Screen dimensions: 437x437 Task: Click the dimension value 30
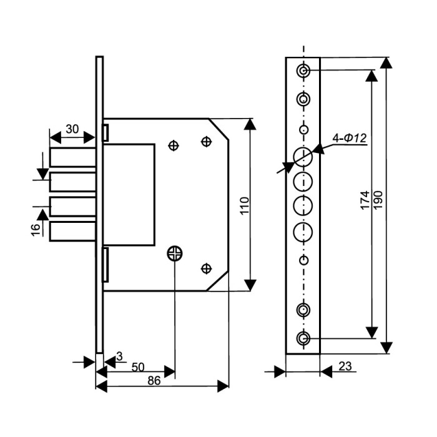pos(72,129)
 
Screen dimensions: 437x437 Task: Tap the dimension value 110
pos(245,206)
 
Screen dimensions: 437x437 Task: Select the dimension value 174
pos(365,200)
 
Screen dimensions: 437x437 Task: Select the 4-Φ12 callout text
pos(350,138)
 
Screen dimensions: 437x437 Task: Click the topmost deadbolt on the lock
pos(72,158)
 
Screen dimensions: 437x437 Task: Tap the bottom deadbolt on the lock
pos(72,231)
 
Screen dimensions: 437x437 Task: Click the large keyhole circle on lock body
pos(175,253)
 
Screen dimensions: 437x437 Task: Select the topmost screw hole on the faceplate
pos(303,71)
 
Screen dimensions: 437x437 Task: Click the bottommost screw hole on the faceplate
pos(303,339)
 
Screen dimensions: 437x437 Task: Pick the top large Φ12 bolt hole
pos(303,157)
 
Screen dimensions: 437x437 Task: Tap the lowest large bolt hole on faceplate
pos(303,232)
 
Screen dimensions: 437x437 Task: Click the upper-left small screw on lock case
pos(174,145)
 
